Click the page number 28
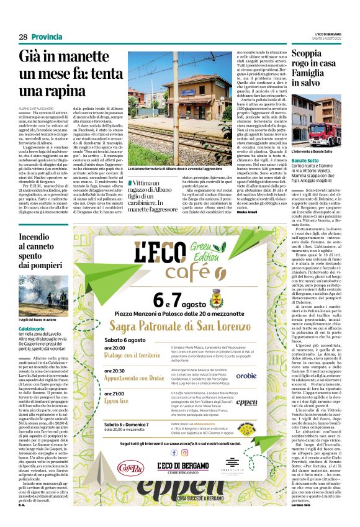point(23,37)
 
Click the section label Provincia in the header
point(47,37)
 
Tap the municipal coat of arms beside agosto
point(217,302)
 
